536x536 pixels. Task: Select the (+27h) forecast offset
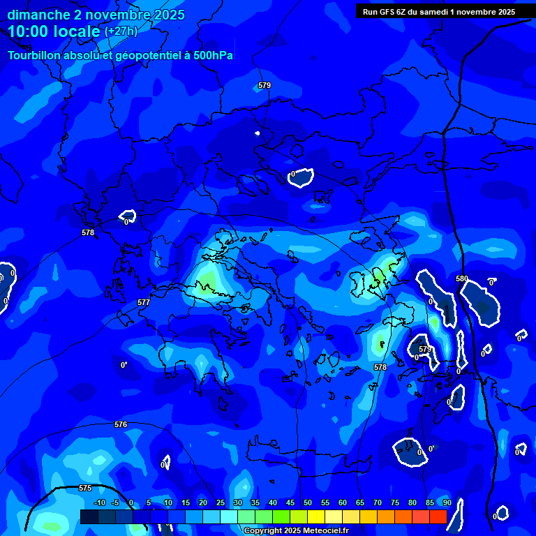point(121,31)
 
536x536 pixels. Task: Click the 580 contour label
point(462,278)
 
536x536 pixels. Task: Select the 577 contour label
point(144,302)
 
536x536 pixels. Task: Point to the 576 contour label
point(121,424)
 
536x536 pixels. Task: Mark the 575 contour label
point(85,488)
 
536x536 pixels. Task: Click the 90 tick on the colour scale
point(447,502)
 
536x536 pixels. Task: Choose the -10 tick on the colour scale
point(99,502)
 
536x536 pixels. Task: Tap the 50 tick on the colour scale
point(308,502)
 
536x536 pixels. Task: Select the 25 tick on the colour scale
point(221,502)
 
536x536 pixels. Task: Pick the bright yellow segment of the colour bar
point(315,516)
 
